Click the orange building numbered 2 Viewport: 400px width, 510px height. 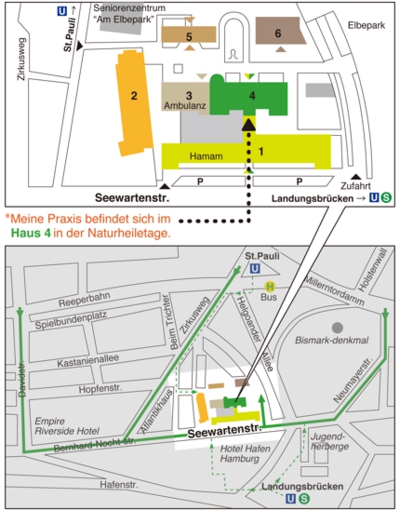134,102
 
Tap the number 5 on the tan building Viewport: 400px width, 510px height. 189,36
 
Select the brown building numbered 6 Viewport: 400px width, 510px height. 280,31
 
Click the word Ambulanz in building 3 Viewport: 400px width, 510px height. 185,106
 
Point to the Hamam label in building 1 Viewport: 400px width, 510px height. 207,156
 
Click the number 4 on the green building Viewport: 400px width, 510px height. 252,96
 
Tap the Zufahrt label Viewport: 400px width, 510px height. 355,186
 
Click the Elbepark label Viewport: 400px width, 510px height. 367,25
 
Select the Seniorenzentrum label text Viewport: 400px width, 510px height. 129,7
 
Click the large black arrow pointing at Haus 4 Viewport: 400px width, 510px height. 248,125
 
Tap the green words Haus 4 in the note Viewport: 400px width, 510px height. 31,233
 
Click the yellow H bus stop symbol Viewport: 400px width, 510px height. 270,287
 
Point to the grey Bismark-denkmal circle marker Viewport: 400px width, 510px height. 338,328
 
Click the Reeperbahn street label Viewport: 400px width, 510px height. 85,300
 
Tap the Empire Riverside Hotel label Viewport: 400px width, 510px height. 67,426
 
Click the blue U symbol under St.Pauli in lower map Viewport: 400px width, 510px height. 255,269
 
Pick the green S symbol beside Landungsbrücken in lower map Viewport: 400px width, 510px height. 304,499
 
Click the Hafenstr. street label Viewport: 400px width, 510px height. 119,485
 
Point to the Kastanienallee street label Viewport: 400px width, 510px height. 88,360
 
